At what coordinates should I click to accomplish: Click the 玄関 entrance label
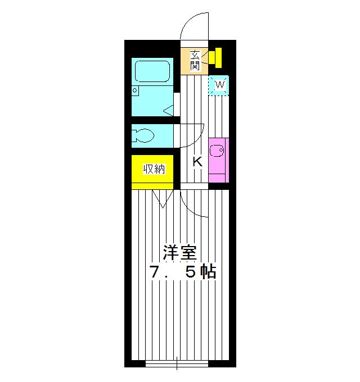[x=195, y=60]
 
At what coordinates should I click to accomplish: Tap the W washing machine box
[x=220, y=85]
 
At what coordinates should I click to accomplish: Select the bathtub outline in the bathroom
[x=152, y=71]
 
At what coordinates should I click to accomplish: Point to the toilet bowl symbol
[x=143, y=135]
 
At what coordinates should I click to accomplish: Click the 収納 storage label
[x=154, y=169]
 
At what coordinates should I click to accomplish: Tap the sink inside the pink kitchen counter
[x=217, y=151]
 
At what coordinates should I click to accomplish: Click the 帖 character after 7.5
[x=209, y=272]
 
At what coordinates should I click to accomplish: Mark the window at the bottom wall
[x=177, y=363]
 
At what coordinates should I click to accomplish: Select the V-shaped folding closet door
[x=163, y=199]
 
